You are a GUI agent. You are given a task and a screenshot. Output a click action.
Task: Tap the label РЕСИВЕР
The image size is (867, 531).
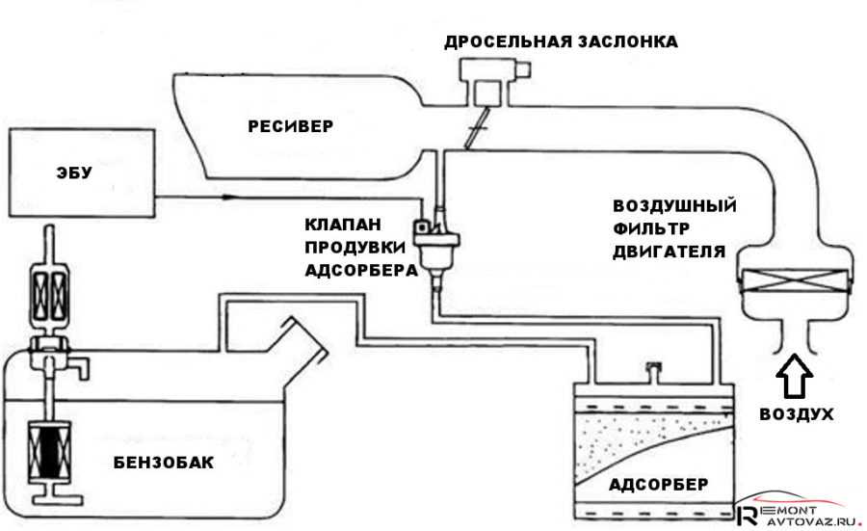pyautogui.click(x=288, y=126)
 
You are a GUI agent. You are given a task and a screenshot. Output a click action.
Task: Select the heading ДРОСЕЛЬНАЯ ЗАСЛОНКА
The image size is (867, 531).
pyautogui.click(x=561, y=42)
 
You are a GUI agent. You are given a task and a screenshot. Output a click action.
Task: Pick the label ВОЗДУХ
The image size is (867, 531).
pyautogui.click(x=795, y=414)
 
